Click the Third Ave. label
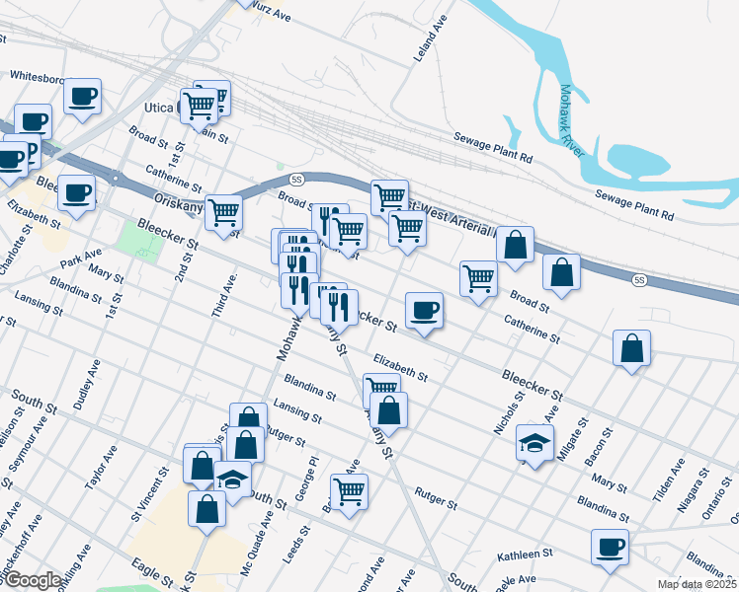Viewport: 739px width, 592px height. [223, 295]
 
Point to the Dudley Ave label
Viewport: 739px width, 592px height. [86, 384]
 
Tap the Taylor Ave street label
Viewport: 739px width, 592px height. [102, 467]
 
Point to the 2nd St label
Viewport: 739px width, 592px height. [185, 264]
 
